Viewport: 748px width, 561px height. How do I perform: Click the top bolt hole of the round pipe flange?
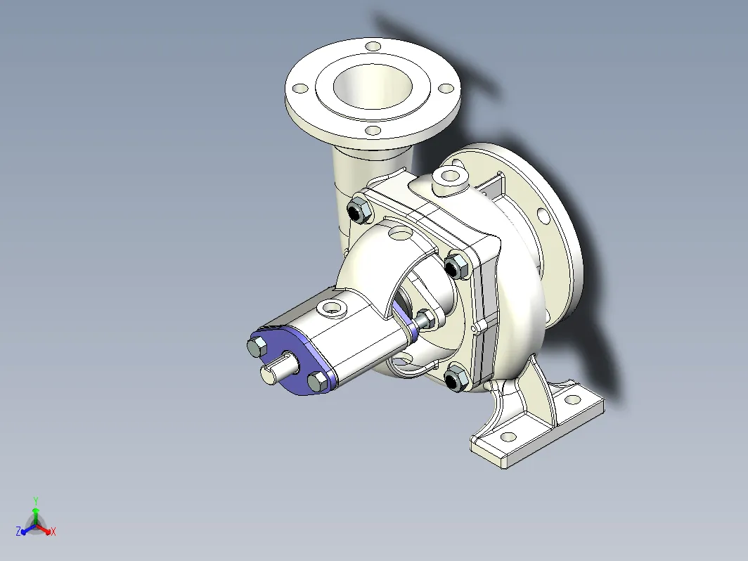[373, 46]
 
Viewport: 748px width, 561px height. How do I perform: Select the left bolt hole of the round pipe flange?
[300, 89]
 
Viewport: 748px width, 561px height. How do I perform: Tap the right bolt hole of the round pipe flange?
[446, 89]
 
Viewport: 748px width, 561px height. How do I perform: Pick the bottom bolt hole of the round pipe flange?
[373, 131]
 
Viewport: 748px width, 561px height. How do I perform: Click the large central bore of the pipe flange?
[373, 86]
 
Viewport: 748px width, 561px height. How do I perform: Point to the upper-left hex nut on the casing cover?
[359, 210]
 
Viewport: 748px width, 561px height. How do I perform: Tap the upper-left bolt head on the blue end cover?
[258, 346]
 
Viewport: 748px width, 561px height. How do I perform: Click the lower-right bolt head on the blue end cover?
[318, 380]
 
